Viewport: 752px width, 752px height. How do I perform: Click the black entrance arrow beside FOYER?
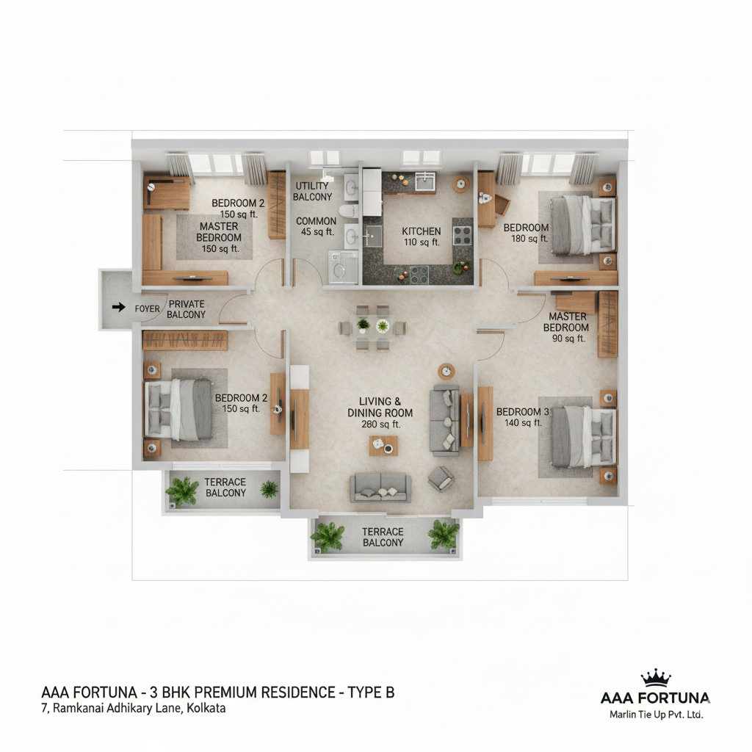(x=118, y=307)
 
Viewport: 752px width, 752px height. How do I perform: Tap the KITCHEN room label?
(x=421, y=231)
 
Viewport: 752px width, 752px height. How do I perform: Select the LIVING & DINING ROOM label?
(x=380, y=407)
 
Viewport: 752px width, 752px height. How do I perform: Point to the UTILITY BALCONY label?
(x=312, y=191)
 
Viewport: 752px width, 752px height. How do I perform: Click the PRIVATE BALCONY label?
(x=186, y=309)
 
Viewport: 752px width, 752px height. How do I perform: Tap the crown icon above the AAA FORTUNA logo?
(x=655, y=677)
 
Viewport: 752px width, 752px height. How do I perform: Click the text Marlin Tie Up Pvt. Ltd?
(x=656, y=714)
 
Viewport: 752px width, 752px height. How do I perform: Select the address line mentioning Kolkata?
(x=134, y=708)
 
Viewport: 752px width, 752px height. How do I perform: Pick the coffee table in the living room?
(x=383, y=446)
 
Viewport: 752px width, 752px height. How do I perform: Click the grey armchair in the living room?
(x=441, y=479)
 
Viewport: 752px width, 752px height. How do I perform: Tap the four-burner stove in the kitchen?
(x=463, y=236)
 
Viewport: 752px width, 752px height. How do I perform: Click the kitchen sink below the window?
(x=424, y=181)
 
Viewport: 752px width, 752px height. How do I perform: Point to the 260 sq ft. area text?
(x=381, y=424)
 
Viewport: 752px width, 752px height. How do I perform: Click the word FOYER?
(x=147, y=309)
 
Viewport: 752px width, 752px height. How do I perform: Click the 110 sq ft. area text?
(x=422, y=242)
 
